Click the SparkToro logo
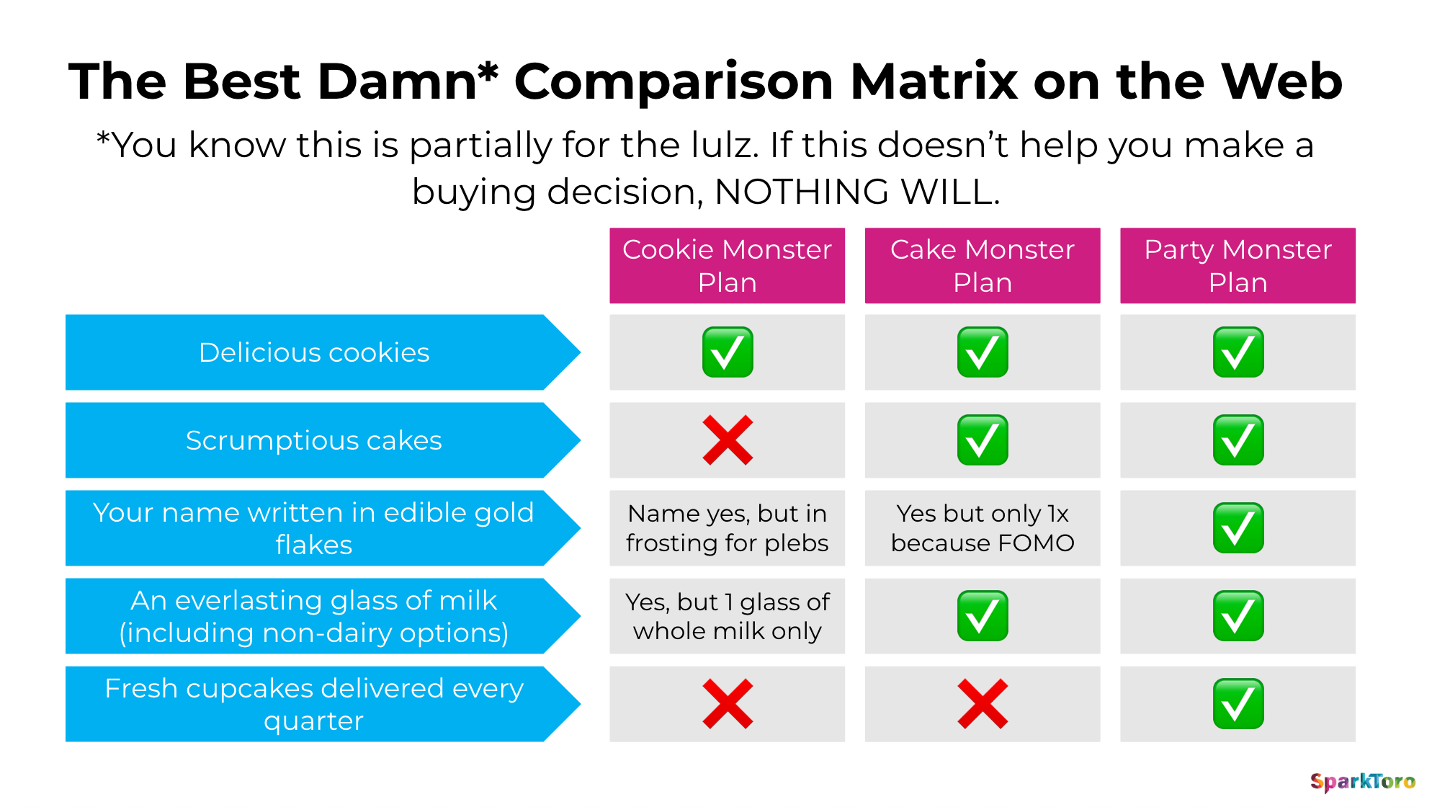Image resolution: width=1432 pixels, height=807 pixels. coord(1362,782)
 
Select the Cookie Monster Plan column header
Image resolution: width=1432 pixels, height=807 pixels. coord(727,266)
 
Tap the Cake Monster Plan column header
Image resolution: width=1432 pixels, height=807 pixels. coord(982,266)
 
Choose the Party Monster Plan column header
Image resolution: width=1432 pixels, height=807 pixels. coord(1238,266)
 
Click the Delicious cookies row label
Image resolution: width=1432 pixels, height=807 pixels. coord(314,352)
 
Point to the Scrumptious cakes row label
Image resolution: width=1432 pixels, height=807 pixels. coord(314,440)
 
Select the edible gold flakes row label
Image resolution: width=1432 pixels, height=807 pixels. coord(314,528)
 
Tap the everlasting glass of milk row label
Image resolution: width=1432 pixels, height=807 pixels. coord(314,616)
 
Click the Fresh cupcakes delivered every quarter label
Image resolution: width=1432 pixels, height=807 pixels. coord(314,704)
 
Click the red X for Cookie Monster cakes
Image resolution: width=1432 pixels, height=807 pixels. coord(728,440)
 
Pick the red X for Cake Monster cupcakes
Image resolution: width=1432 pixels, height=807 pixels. coord(983,704)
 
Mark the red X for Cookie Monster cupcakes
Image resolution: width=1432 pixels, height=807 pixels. coord(728,704)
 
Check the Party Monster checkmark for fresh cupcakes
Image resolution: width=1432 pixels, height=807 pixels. coord(1238,704)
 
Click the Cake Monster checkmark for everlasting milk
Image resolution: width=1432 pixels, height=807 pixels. coord(983,616)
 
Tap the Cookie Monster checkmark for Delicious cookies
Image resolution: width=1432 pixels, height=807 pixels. coord(728,352)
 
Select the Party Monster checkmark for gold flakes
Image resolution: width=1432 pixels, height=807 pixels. coord(1238,528)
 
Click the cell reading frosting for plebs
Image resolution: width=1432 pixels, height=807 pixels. coord(727,528)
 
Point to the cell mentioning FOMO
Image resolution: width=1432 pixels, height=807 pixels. coord(983,528)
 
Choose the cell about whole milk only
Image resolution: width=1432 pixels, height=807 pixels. coord(727,616)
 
